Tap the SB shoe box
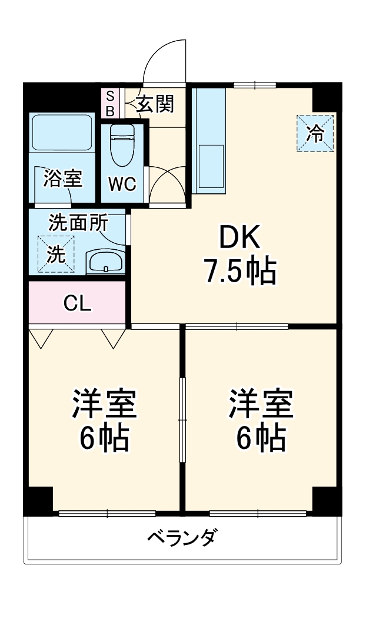[110, 103]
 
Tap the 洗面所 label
[78, 223]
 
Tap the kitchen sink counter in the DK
[209, 141]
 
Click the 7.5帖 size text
[239, 272]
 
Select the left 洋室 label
[105, 403]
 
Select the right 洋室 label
[261, 403]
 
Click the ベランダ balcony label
[182, 538]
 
